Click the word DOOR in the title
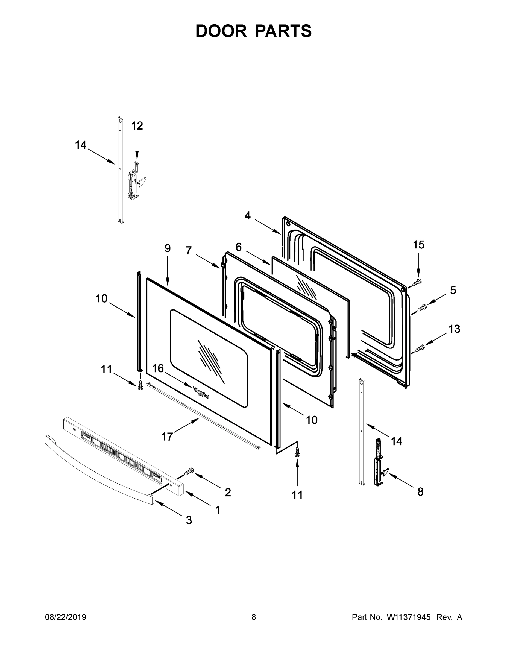click(221, 31)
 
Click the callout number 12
click(137, 126)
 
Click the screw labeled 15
click(417, 282)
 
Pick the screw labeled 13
click(420, 348)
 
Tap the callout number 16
click(158, 368)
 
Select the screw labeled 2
click(189, 471)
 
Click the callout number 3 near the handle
click(189, 520)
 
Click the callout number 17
click(167, 437)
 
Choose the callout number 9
click(168, 248)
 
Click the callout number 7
click(188, 250)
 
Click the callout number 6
click(239, 247)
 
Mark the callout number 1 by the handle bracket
click(218, 510)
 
